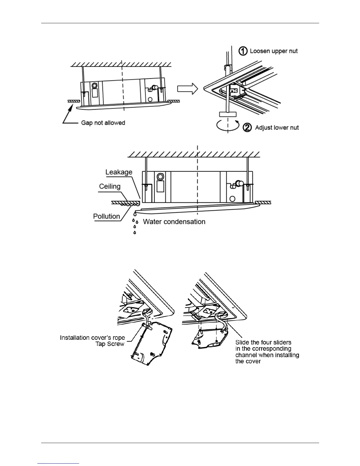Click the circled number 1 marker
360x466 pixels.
pyautogui.click(x=243, y=51)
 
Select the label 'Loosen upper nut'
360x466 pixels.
pyautogui.click(x=274, y=51)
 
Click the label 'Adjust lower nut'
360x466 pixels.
pyautogui.click(x=277, y=128)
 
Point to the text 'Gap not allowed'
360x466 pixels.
pyautogui.click(x=103, y=123)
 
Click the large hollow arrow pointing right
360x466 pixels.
pyautogui.click(x=187, y=88)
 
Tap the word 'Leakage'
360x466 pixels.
pyautogui.click(x=119, y=172)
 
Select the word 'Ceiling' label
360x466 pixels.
pyautogui.click(x=110, y=187)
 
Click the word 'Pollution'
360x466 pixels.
pyautogui.click(x=106, y=217)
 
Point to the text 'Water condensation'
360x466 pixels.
pyautogui.click(x=174, y=222)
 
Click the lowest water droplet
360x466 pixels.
pyautogui.click(x=135, y=233)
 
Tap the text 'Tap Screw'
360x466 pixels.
pyautogui.click(x=110, y=344)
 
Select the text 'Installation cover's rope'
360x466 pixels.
pyautogui.click(x=92, y=338)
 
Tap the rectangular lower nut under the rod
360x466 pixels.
pyautogui.click(x=228, y=114)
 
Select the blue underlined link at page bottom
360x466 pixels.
pyautogui.click(x=58, y=464)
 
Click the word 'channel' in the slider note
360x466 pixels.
pyautogui.click(x=246, y=355)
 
